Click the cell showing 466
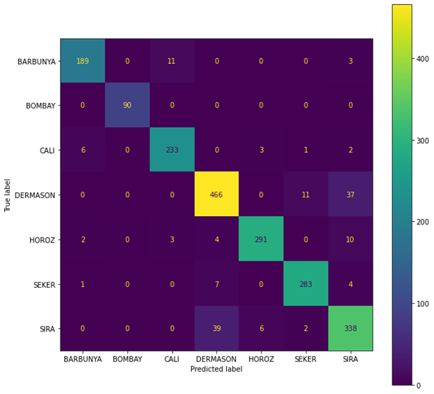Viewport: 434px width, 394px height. pos(216,195)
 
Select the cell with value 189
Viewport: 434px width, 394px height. pos(82,61)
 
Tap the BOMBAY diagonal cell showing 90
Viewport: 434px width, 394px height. pos(127,106)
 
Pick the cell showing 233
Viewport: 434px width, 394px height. pos(172,150)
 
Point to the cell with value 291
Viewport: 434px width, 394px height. pos(261,239)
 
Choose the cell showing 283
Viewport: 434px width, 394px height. pos(305,284)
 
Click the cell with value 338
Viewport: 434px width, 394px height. pos(350,328)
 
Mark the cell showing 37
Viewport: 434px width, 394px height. pos(350,195)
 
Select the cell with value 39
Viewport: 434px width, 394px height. pos(216,328)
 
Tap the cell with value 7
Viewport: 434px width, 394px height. pos(216,284)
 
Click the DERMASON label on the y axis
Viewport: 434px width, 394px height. pos(37,195)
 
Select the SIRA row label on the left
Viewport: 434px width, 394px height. pos(47,328)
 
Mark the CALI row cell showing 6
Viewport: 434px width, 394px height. pos(82,150)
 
